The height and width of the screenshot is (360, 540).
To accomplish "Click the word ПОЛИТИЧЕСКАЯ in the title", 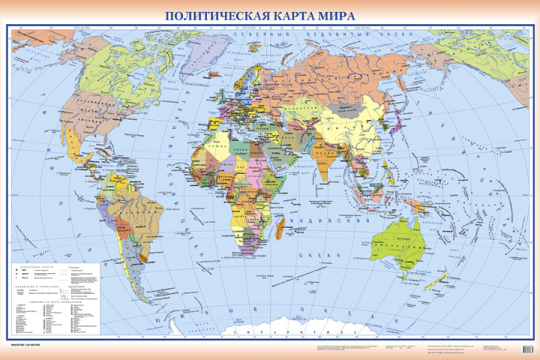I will (212, 14).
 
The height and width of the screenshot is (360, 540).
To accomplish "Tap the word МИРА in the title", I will (355, 14).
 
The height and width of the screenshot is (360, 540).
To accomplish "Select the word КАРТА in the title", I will (298, 14).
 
